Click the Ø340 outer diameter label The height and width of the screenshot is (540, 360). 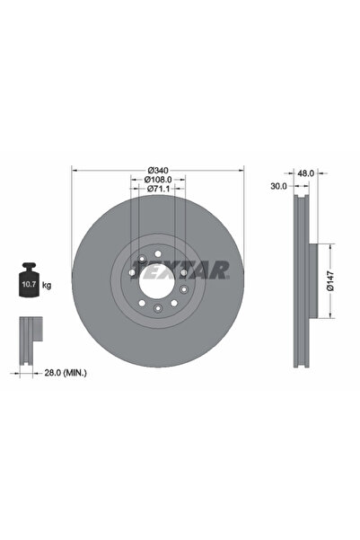tap(158, 171)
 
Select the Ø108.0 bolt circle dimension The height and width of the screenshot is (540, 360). tap(158, 181)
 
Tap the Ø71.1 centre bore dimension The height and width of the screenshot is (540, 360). tap(158, 190)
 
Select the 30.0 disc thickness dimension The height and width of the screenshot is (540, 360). tap(277, 187)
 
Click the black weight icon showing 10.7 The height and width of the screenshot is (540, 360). tap(28, 284)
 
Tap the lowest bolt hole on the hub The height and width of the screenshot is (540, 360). tap(158, 308)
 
